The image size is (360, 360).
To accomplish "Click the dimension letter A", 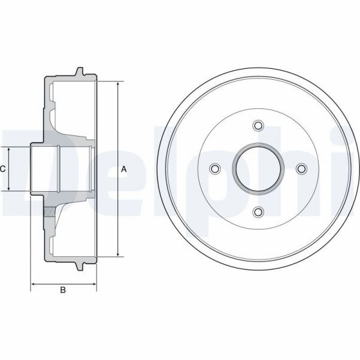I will click(124, 170).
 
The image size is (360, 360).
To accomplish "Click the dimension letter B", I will click(62, 291).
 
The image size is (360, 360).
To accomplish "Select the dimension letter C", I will click(3, 170).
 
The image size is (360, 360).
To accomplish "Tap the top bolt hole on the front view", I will click(258, 125).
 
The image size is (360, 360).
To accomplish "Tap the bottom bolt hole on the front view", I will click(258, 211).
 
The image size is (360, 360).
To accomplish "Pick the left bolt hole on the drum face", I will click(215, 169).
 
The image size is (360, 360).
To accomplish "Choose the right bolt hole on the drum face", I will click(301, 169).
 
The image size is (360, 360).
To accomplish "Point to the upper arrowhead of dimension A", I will click(117, 84).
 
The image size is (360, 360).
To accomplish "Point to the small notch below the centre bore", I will click(259, 193).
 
